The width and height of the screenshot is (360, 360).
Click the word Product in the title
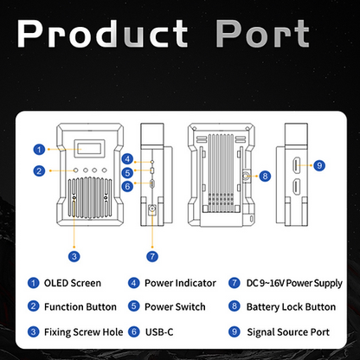click(x=102, y=34)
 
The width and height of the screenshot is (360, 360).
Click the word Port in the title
click(x=262, y=34)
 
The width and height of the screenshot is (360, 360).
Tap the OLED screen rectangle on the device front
click(x=89, y=149)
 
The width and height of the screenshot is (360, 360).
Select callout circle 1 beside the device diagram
click(x=39, y=150)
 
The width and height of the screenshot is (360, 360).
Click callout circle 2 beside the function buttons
click(x=39, y=170)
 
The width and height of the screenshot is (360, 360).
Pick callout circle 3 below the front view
click(x=74, y=256)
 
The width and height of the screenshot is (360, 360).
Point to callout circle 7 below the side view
click(x=152, y=256)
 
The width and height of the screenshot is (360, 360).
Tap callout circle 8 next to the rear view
click(x=265, y=176)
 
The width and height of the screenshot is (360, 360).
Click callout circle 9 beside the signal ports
click(x=319, y=165)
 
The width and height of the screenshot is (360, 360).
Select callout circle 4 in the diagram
click(x=127, y=159)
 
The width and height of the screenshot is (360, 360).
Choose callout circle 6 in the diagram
click(x=127, y=186)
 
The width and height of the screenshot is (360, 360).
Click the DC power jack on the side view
click(x=152, y=209)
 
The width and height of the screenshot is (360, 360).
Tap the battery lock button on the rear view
click(x=246, y=176)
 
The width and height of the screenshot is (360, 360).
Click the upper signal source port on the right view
click(x=297, y=165)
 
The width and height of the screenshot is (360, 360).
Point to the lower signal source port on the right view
click(x=297, y=187)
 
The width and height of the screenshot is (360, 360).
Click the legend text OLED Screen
click(x=73, y=283)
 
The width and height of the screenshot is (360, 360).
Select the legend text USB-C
click(x=159, y=332)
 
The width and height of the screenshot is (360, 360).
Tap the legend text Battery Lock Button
click(x=291, y=307)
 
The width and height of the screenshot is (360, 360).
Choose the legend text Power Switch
click(x=175, y=306)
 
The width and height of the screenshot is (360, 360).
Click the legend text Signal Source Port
click(x=288, y=332)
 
